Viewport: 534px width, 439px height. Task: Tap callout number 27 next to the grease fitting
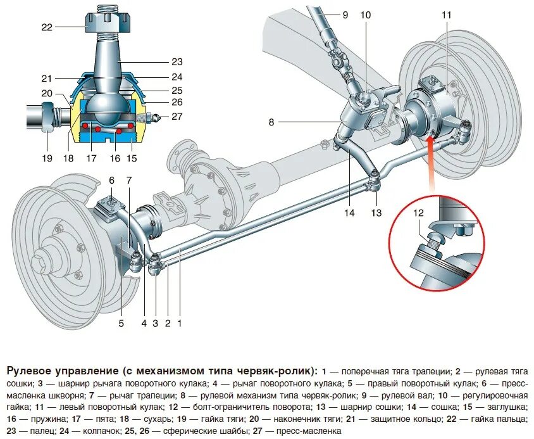176,117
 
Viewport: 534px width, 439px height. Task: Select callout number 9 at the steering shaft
345,13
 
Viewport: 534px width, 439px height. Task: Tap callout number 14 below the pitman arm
350,213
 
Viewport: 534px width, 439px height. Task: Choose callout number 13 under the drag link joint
376,213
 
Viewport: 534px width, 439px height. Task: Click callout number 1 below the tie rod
180,323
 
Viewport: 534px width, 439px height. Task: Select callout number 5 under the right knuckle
121,323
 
